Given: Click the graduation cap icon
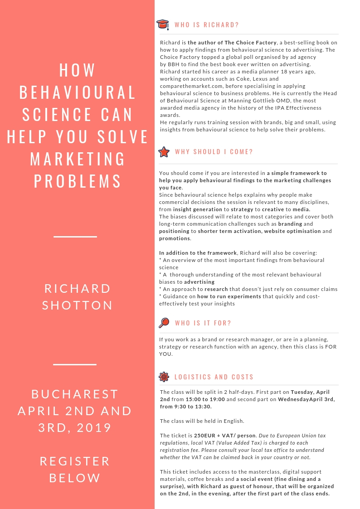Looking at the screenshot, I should point(163,24).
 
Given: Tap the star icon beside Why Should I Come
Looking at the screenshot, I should point(163,152).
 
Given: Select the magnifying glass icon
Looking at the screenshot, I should point(164,323).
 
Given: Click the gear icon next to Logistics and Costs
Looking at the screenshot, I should point(164,377).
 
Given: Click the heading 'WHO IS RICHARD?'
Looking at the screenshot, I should point(207,25).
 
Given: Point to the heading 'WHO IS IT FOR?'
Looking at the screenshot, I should point(203,323).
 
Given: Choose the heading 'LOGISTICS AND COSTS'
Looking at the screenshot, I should point(214,377).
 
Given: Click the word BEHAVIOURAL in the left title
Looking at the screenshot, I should point(77,92).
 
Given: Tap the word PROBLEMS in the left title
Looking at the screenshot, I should point(77,181).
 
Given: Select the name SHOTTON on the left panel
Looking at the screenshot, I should point(77,305).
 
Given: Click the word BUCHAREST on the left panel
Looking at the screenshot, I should point(75,394).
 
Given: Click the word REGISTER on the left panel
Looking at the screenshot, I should point(75,461).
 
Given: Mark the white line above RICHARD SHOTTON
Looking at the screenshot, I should point(75,237).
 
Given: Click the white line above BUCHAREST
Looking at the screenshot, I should point(75,364).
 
